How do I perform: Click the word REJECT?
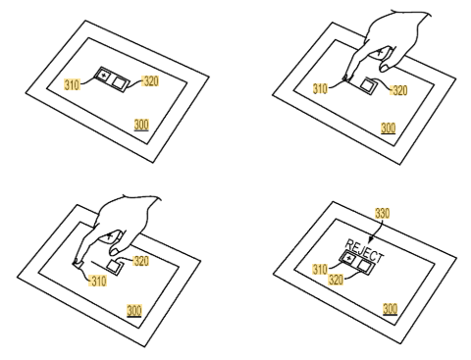[x=364, y=251]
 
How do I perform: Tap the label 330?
[x=382, y=213]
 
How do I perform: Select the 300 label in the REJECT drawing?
[x=390, y=309]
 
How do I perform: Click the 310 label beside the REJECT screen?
[x=320, y=269]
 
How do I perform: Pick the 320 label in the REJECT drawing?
[x=336, y=280]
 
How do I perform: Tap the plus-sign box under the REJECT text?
[x=349, y=259]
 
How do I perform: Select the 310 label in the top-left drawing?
[x=72, y=84]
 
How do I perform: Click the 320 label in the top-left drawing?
[x=150, y=80]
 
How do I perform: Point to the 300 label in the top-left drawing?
[x=141, y=125]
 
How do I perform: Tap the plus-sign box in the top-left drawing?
[x=104, y=76]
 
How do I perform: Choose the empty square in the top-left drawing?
[x=118, y=82]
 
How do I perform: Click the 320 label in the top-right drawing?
[x=399, y=90]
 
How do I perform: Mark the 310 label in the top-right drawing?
[x=320, y=88]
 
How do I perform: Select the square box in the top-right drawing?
[x=367, y=84]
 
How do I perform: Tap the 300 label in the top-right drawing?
[x=389, y=128]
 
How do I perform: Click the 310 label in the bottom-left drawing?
[x=98, y=281]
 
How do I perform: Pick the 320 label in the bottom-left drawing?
[x=141, y=261]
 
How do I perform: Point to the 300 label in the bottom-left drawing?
[x=134, y=310]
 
